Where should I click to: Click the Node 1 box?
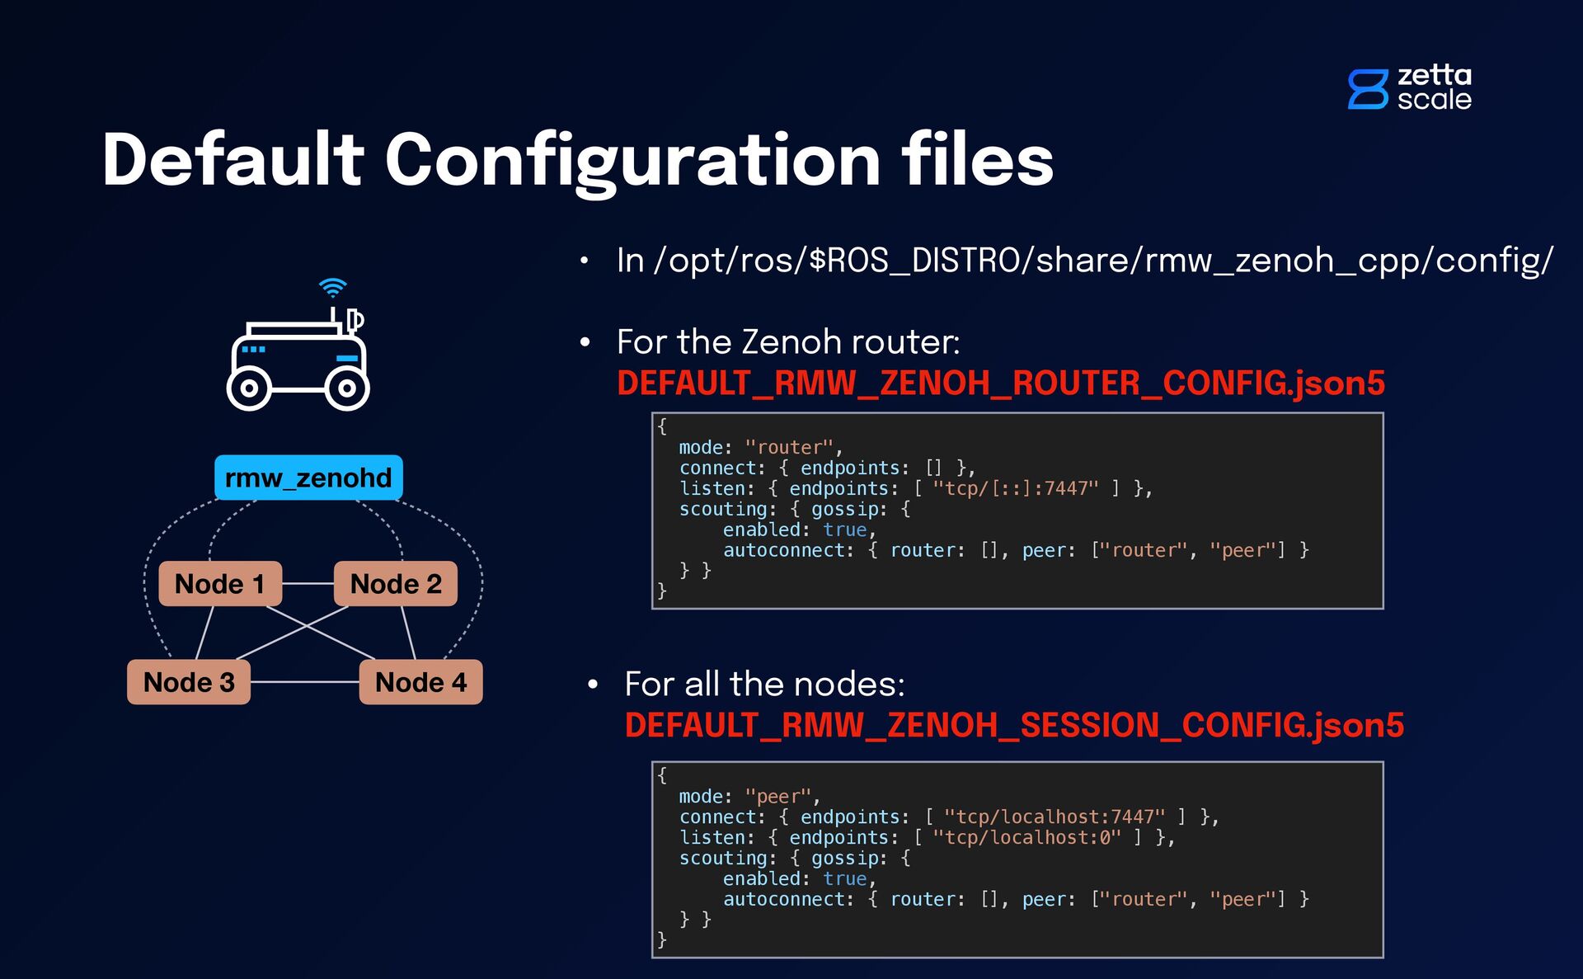220,584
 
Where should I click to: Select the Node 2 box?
396,584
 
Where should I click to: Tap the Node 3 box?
189,682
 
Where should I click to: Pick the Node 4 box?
420,682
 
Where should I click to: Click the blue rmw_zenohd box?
308,478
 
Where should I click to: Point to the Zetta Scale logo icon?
1368,89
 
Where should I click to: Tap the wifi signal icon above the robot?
333,288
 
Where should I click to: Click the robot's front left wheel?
249,388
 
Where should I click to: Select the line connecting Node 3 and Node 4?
305,682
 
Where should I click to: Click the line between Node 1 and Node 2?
308,584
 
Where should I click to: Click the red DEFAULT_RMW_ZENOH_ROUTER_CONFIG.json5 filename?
1000,384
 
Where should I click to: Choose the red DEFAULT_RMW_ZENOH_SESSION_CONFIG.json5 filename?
1014,726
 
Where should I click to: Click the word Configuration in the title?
633,161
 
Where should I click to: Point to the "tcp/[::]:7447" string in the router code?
1016,488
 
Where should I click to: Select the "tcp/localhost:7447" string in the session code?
1055,817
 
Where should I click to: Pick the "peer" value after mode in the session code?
778,797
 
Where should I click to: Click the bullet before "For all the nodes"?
593,685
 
